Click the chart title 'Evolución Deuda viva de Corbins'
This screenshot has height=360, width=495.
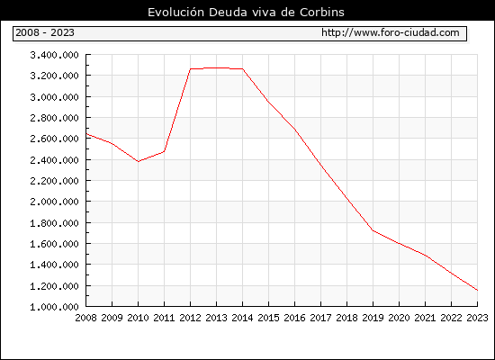point(246,13)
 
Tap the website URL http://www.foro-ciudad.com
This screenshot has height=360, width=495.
point(391,32)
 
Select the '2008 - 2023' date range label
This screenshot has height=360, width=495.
point(45,32)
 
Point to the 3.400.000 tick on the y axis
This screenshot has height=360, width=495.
point(54,55)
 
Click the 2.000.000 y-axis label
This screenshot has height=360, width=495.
point(54,202)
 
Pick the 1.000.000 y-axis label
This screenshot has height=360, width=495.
point(54,307)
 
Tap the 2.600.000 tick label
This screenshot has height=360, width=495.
point(54,139)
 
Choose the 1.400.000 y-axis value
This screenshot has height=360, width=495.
point(54,265)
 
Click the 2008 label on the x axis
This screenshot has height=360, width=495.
point(85,318)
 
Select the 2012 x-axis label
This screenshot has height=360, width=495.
point(191,318)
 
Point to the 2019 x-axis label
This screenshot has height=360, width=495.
point(373,318)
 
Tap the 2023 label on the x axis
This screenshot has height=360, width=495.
point(477,318)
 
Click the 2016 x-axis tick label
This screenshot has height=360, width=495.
point(294,318)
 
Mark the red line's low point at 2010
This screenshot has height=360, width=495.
point(139,161)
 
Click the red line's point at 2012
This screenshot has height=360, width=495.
point(191,68)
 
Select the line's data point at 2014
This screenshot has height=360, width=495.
point(242,68)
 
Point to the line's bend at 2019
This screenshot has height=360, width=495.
point(373,230)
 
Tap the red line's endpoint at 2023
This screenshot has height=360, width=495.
point(477,290)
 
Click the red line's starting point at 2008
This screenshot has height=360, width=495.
point(86,134)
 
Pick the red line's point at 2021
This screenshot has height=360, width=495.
point(425,256)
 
